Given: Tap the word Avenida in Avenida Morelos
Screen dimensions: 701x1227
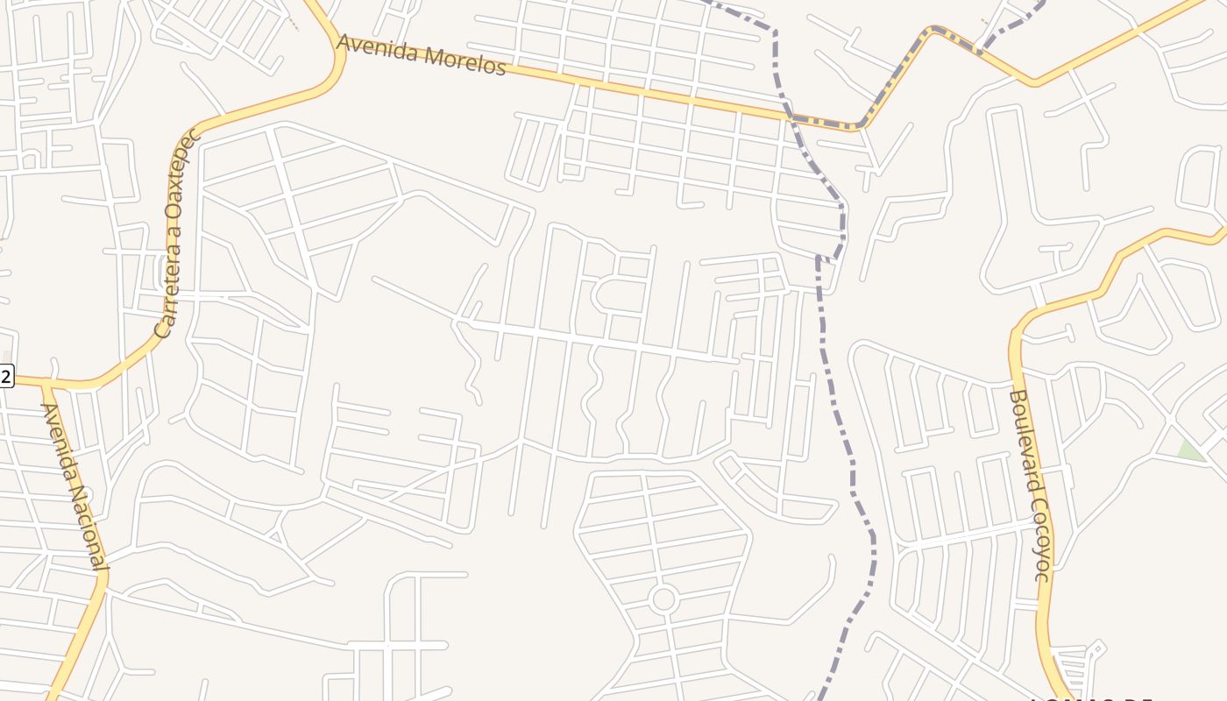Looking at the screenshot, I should coord(379,49).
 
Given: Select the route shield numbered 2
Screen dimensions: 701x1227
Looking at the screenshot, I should coord(5,377).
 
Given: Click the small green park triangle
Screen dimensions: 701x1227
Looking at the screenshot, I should coord(1190,450).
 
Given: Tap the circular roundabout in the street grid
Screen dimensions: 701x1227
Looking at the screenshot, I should coord(663,600).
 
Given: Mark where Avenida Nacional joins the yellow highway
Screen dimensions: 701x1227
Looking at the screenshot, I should coord(46,383).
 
